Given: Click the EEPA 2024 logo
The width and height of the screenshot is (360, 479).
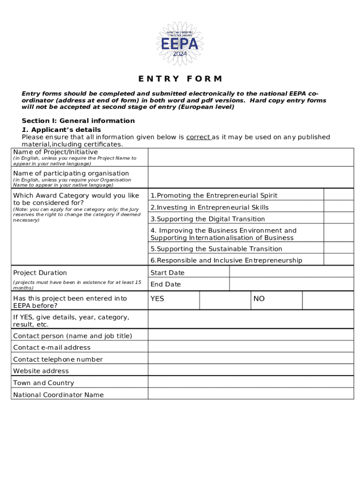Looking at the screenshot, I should (180, 43).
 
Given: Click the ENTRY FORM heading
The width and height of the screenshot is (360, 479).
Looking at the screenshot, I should (180, 79).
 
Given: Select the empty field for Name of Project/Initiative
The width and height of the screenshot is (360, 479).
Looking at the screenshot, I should (251, 157).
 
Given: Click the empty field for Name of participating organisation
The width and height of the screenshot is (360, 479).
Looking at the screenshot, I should (251, 177).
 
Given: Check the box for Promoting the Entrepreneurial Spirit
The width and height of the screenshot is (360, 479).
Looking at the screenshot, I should (338, 195).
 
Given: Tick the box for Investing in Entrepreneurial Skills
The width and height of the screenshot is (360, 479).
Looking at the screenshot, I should (338, 207).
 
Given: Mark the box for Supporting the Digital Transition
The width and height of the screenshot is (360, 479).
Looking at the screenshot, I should (338, 218).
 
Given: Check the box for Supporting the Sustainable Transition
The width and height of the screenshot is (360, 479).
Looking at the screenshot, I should (338, 248).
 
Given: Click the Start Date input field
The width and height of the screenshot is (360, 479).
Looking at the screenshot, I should (291, 272).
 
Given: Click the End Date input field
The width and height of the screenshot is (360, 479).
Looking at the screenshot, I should (291, 284).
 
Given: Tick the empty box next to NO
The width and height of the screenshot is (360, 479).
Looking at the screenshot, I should (328, 300).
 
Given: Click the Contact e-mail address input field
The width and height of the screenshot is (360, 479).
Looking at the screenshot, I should (251, 347).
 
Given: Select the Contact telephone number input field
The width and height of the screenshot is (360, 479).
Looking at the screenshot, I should (251, 359).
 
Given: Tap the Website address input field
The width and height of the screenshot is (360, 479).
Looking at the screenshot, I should (251, 370).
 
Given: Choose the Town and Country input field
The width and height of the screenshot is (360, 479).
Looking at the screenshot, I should (251, 382).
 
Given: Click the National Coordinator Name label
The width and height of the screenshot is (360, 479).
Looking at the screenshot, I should (58, 394).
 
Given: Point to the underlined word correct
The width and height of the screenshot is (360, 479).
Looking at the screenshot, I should (198, 137).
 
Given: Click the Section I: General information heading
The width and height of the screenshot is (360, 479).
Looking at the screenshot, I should (78, 121).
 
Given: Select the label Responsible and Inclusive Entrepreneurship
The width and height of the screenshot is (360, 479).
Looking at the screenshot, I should (226, 260).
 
